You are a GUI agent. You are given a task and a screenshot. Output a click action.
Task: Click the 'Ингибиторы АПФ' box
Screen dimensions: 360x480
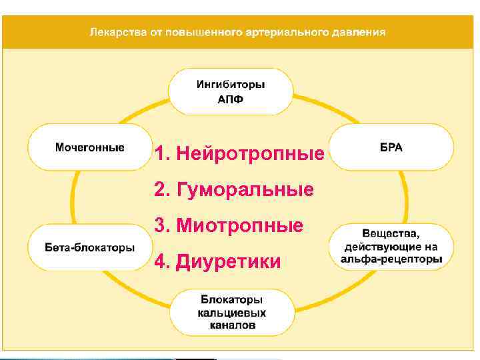[231, 92]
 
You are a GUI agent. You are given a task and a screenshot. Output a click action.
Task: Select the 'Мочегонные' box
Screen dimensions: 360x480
[89, 147]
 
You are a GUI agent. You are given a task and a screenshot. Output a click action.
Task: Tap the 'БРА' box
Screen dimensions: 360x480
[391, 147]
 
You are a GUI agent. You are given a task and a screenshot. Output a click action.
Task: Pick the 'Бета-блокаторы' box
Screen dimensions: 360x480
[89, 247]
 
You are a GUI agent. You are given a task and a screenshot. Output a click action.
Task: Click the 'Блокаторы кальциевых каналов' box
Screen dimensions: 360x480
[231, 312]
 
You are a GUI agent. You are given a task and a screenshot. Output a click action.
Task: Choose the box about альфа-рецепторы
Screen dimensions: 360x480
[391, 247]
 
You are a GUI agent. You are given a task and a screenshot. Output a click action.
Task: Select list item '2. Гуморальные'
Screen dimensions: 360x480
[233, 190]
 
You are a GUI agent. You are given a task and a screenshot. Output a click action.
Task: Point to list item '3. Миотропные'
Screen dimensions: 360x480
[229, 225]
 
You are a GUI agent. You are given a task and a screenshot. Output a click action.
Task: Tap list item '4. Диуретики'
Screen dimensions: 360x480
[217, 261]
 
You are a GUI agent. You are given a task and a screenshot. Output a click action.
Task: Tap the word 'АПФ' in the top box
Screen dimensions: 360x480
[231, 99]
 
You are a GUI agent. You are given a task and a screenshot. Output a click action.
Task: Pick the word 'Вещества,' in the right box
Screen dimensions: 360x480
[391, 233]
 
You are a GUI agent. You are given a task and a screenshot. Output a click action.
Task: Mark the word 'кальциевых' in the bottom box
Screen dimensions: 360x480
[231, 312]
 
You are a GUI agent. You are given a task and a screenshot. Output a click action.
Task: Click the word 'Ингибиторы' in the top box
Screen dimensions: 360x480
[231, 85]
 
